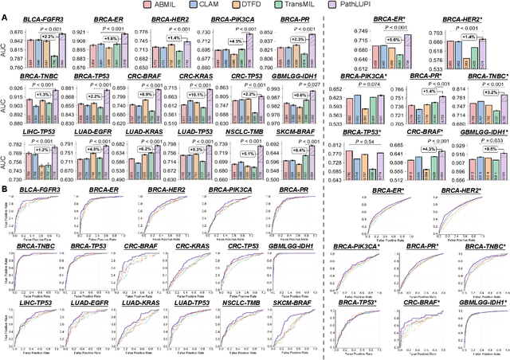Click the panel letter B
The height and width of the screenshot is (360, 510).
click(x=5, y=188)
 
